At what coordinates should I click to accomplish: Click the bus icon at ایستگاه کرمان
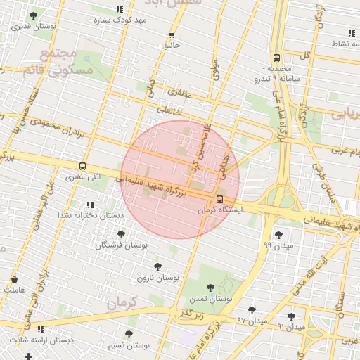[x=220, y=199]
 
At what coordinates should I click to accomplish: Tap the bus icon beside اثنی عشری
[x=84, y=167]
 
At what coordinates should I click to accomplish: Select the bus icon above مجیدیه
[x=276, y=58]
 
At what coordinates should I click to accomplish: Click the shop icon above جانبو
[x=172, y=35]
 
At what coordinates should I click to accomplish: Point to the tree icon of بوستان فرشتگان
[x=121, y=234]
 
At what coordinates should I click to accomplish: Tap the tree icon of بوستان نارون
[x=157, y=266]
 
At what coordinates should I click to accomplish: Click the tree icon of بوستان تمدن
[x=210, y=288]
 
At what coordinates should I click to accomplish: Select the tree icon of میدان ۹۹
[x=278, y=235]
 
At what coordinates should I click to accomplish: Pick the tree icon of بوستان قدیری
[x=33, y=15]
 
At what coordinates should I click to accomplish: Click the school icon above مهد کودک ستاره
[x=120, y=10]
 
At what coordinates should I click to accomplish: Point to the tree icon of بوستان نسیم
[x=128, y=335]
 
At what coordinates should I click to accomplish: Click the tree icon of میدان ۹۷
[x=252, y=310]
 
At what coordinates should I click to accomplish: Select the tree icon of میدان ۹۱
[x=291, y=316]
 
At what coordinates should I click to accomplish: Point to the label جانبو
[x=173, y=46]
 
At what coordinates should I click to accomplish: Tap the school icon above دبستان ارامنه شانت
[x=41, y=329]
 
